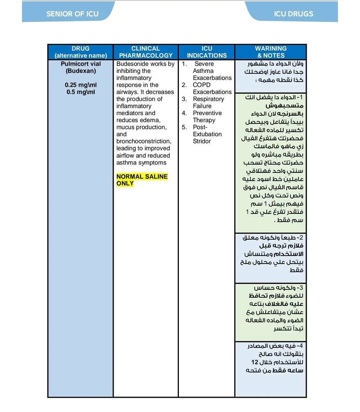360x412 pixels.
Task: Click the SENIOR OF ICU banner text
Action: coord(72,14)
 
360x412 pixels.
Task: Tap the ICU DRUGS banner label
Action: coord(293,14)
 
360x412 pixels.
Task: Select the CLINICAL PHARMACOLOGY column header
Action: coord(146,52)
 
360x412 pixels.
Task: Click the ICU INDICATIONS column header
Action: coord(207,52)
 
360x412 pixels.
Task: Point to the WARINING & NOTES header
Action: coord(271,52)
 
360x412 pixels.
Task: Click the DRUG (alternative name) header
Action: coord(81,52)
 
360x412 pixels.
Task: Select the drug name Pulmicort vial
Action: coord(81,64)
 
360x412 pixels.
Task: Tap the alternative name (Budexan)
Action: coord(81,71)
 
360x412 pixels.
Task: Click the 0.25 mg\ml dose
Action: coord(81,85)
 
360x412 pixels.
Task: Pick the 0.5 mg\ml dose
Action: coord(81,92)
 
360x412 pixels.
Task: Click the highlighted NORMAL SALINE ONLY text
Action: coord(142,180)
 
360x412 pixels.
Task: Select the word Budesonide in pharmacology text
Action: coord(131,64)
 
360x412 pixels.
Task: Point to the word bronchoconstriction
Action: coord(143,141)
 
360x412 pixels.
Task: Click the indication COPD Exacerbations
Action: coord(212,89)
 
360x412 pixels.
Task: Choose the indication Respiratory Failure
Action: coord(208,103)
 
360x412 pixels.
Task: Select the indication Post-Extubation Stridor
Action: coord(207,134)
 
